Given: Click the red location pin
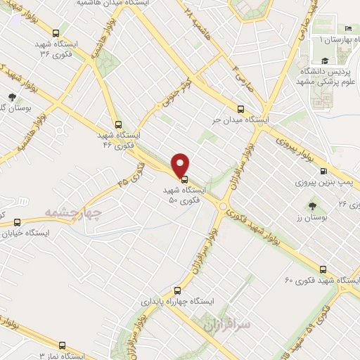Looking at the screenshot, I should point(181,165).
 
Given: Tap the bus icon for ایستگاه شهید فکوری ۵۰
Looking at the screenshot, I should point(184,179).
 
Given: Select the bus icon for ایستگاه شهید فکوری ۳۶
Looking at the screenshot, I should point(57,32).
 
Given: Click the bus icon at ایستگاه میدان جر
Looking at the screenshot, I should point(240,109).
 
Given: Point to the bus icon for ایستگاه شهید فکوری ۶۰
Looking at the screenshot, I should point(323,269).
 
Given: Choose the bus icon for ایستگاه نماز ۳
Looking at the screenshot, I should point(63,345).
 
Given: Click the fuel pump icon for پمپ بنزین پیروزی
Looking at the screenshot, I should point(323,171).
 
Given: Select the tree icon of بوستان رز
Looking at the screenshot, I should point(312,207).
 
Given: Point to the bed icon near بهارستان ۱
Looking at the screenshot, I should point(349,29).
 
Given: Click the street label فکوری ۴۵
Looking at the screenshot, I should point(131,182).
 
